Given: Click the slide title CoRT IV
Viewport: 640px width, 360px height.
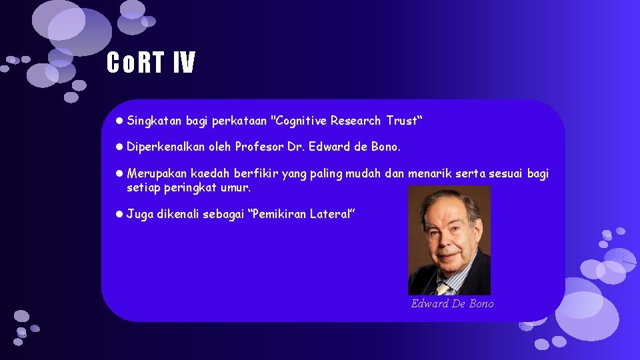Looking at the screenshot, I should point(151,63).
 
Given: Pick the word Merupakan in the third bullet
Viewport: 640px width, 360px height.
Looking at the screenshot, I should point(157,174).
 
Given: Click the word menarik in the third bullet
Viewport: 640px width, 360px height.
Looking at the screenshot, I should point(431,174).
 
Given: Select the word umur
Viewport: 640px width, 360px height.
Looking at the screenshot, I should point(237,188).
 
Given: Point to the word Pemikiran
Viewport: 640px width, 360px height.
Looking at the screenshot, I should point(281,214).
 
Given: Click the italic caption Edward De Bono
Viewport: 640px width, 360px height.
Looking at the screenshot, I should point(453,304).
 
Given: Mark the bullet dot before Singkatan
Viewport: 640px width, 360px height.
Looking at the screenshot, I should point(118,121).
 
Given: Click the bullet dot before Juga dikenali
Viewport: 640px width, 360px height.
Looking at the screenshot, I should point(118,214).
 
